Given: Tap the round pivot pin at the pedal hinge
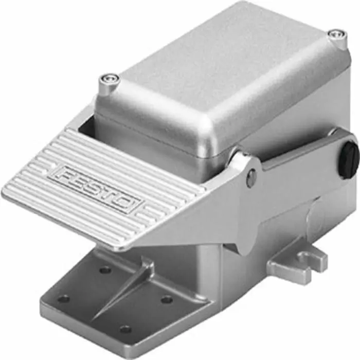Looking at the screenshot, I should click(250, 177).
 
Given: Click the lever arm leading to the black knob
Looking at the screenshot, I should click(303, 152).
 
